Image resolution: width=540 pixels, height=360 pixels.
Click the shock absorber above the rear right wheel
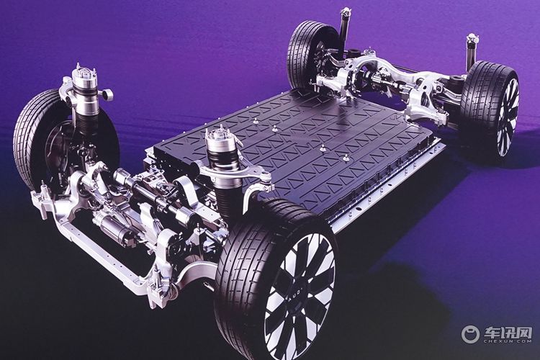coord(470,52)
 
